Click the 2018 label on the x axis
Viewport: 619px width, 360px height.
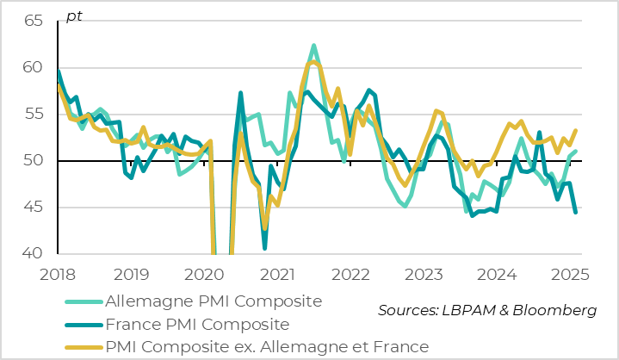(57, 275)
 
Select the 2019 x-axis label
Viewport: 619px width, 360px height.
(131, 275)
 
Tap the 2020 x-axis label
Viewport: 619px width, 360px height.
(204, 275)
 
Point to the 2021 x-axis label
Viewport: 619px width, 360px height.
(277, 275)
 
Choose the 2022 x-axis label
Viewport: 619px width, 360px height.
(350, 275)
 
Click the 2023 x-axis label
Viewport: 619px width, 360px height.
(424, 275)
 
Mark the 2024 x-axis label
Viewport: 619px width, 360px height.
(497, 275)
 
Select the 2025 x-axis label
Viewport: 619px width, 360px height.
(569, 275)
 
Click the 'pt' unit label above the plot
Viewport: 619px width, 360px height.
(74, 16)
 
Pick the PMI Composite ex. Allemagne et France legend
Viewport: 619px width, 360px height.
(266, 347)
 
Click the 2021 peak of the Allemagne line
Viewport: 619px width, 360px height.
(313, 46)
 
